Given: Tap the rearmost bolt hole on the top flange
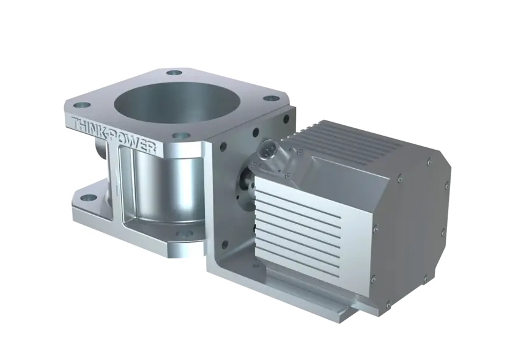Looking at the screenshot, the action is [174, 73].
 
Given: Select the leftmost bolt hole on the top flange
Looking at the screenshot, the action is [82, 106].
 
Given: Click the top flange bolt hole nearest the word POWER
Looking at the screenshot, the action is [182, 136].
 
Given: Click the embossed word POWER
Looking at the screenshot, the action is [136, 143].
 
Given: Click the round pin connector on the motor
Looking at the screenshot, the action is [267, 149].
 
